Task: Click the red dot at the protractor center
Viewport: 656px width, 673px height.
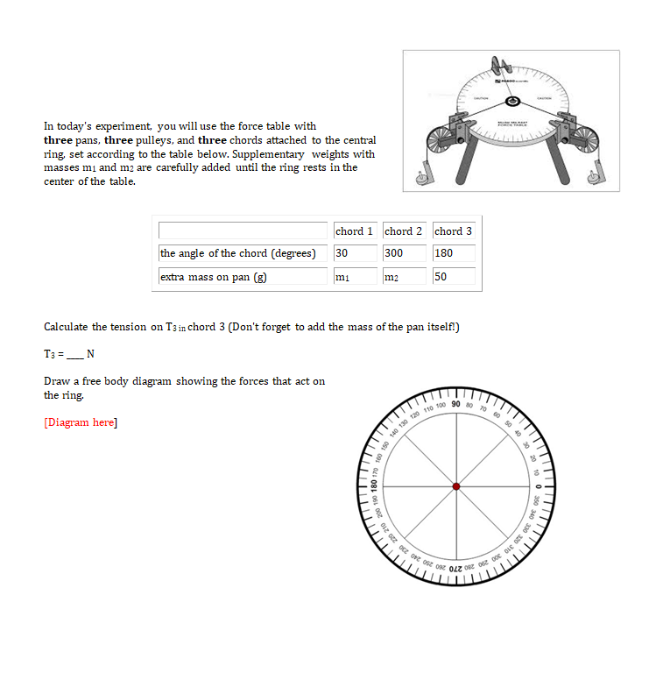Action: tap(455, 485)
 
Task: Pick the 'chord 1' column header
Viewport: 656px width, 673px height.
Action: tap(355, 231)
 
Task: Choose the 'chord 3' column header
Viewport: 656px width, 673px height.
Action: tap(454, 231)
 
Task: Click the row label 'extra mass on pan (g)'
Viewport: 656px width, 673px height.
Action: tap(213, 277)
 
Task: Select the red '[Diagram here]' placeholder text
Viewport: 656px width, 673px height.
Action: tap(81, 422)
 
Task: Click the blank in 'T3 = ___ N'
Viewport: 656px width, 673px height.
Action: tap(77, 354)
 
